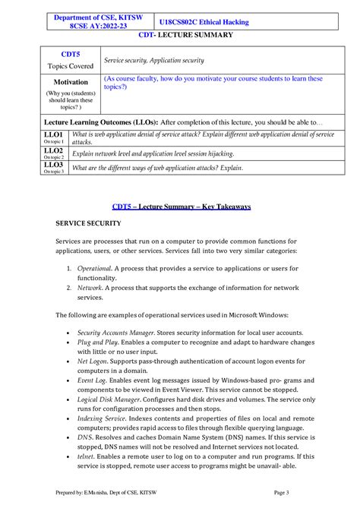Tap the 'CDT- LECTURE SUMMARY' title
coord(179,35)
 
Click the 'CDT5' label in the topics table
coord(70,54)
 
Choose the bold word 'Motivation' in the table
coord(71,81)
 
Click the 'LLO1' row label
coord(53,134)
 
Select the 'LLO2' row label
coord(53,150)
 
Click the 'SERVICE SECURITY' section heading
coord(88,223)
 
